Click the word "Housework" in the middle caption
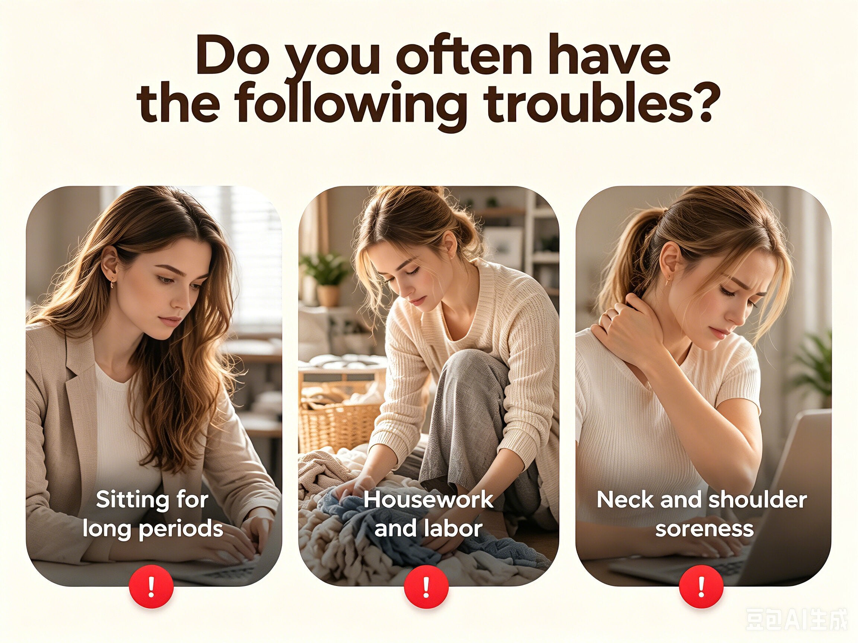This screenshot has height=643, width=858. [x=428, y=500]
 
